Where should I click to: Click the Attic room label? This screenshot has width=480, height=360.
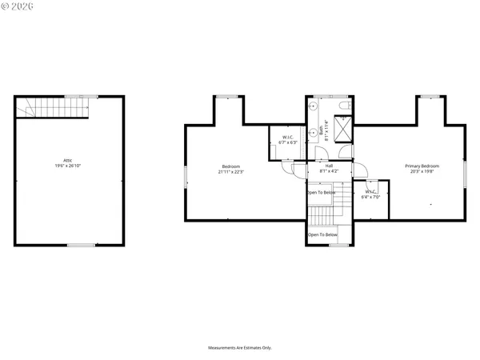(x=70, y=161)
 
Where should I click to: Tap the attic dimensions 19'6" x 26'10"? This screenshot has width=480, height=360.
(x=70, y=167)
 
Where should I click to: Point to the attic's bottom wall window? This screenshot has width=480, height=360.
(x=82, y=245)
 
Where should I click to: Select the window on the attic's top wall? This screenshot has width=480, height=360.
(x=76, y=96)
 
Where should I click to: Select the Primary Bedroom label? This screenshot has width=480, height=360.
(x=422, y=166)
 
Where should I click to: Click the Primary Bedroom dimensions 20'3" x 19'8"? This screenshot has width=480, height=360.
(x=422, y=171)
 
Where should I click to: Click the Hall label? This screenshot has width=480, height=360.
(x=329, y=166)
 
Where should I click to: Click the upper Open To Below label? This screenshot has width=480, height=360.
(x=322, y=193)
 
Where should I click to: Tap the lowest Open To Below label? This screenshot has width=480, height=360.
(x=323, y=234)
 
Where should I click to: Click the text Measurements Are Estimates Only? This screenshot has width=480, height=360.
(x=240, y=348)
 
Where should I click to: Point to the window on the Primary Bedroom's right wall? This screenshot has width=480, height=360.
(x=466, y=174)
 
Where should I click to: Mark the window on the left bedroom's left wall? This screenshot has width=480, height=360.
(x=185, y=174)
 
